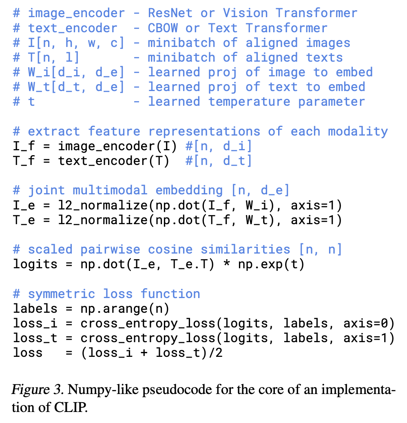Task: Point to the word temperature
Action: click(250, 102)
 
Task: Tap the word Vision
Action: click(245, 13)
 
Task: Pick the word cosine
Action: click(170, 249)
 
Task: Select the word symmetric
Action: click(61, 294)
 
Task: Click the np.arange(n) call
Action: click(124, 309)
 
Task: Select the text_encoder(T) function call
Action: click(113, 161)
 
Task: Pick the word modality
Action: click(358, 131)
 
